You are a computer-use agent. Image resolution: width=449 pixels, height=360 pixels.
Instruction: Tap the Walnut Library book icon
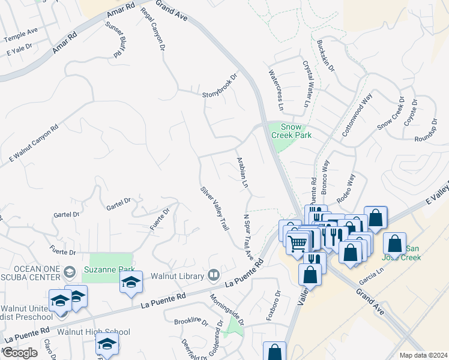click(x=213, y=275)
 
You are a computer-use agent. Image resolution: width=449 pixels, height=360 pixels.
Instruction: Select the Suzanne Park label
click(x=109, y=270)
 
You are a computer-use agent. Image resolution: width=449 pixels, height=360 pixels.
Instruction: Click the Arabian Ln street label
click(x=242, y=173)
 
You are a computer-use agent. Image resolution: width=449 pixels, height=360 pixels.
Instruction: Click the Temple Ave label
click(x=21, y=35)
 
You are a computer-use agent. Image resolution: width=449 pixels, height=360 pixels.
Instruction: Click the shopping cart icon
click(x=298, y=244)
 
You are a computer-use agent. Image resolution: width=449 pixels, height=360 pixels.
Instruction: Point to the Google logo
click(x=20, y=353)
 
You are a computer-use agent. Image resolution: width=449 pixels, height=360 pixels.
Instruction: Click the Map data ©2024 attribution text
click(x=423, y=355)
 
